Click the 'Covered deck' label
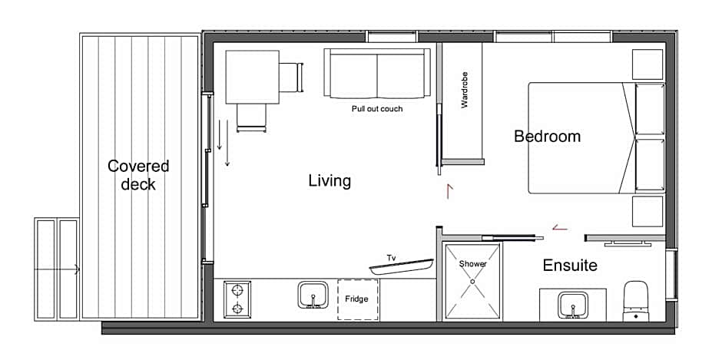(138, 175)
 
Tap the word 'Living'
(330, 181)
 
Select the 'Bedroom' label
(547, 137)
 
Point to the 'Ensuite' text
(570, 265)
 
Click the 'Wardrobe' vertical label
(464, 90)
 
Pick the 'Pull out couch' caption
(377, 109)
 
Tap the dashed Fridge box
(358, 299)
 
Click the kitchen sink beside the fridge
(313, 295)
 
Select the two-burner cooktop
(237, 299)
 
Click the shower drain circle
(472, 281)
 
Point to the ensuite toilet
(635, 301)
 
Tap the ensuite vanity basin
(572, 305)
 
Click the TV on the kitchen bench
(402, 266)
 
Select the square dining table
(253, 77)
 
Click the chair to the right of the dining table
(291, 78)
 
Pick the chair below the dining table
(251, 118)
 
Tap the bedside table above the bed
(647, 64)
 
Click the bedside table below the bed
(647, 211)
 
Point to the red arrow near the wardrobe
(449, 191)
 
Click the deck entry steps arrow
(57, 269)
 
